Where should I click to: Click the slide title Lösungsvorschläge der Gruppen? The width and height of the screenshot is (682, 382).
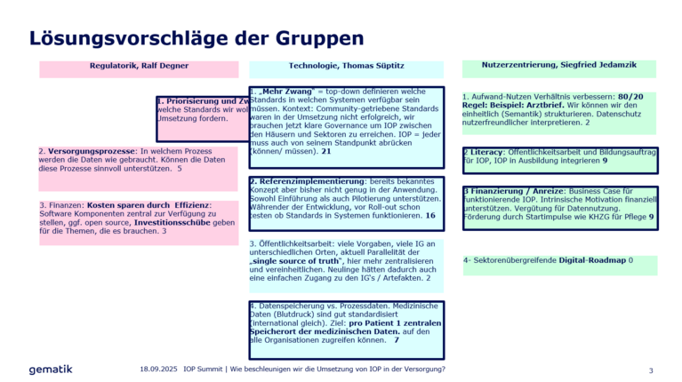(196, 38)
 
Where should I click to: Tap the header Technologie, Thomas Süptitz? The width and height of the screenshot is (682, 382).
(345, 66)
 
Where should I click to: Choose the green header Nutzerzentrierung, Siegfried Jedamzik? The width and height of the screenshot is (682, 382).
(558, 66)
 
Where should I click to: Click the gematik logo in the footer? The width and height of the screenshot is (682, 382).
(51, 369)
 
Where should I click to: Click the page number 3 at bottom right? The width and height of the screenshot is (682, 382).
(650, 370)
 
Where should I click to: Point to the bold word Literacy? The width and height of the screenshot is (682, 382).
(485, 152)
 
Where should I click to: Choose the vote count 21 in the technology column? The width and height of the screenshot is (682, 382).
(326, 152)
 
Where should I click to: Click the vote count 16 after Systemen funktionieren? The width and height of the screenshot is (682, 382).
(430, 215)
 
